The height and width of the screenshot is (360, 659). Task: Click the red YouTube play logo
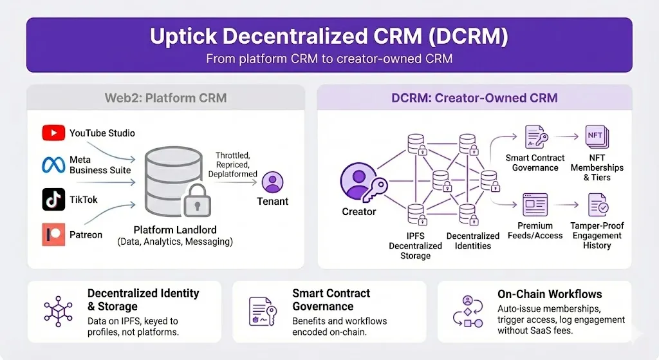pos(53,133)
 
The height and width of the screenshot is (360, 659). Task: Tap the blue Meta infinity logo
pos(53,165)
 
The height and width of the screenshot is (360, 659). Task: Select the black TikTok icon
pos(53,200)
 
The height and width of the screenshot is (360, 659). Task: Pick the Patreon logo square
pos(53,234)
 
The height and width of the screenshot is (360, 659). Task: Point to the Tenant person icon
pos(273,182)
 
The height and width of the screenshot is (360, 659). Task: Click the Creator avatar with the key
pos(358,181)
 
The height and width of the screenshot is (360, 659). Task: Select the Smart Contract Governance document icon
pos(535,137)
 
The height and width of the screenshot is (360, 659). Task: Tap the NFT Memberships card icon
pos(597,137)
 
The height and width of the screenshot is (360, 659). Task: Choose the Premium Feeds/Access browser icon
pos(535,204)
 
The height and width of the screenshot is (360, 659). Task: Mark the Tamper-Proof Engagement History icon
pos(597,205)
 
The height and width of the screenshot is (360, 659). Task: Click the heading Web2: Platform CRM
pos(165,99)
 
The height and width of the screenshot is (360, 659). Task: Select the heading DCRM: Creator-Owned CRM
pos(474,99)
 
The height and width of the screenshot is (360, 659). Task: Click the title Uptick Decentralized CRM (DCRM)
pos(329,37)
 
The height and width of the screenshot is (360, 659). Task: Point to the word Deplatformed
pos(233,174)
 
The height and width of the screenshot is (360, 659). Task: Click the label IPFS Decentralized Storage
pos(415,245)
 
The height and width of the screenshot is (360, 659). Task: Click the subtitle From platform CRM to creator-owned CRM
pos(329,59)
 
